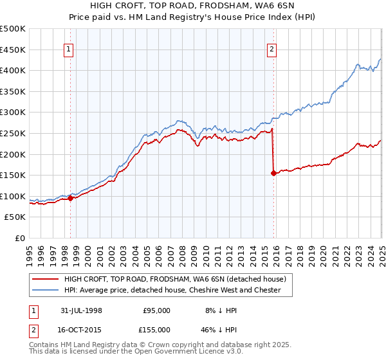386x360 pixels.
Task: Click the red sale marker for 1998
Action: pyautogui.click(x=70, y=198)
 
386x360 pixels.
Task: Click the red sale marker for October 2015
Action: pyautogui.click(x=273, y=173)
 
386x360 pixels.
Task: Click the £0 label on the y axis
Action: pyautogui.click(x=20, y=238)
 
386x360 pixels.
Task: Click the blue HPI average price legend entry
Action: pyautogui.click(x=172, y=290)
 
